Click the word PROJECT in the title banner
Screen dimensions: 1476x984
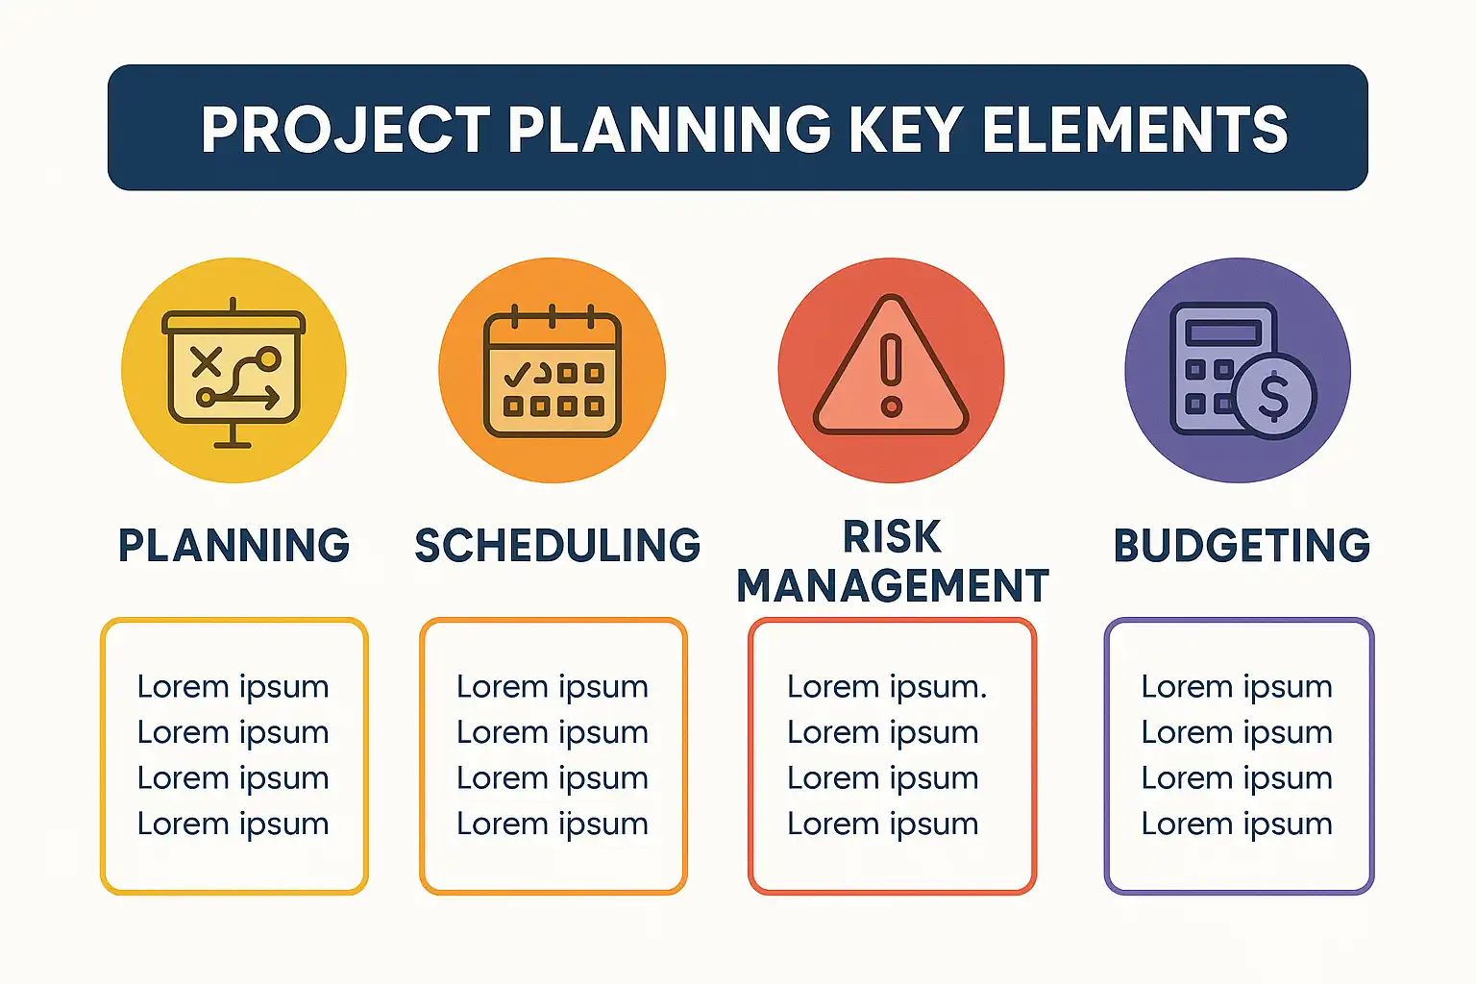(346, 130)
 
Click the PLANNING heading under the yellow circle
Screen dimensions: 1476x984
(234, 545)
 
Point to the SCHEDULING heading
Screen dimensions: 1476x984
(557, 545)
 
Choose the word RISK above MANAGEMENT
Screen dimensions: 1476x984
(892, 537)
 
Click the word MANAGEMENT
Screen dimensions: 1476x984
(893, 585)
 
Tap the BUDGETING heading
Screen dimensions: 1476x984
(1242, 545)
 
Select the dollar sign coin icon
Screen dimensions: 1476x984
(1273, 396)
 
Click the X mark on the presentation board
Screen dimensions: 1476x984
(207, 362)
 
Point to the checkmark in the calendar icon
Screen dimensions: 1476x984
(517, 374)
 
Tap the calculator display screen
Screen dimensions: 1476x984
(1223, 332)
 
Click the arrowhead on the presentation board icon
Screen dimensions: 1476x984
(272, 398)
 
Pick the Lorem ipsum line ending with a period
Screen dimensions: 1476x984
(887, 687)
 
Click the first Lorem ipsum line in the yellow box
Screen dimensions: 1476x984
(234, 687)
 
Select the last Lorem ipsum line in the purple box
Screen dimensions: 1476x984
(1237, 824)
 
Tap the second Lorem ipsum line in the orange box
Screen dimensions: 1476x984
(553, 732)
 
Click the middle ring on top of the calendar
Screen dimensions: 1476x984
(553, 316)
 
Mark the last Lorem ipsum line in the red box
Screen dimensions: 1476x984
(883, 824)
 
